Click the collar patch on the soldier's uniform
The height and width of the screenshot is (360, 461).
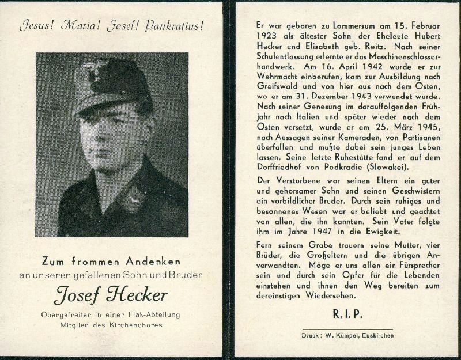(x=134, y=198)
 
